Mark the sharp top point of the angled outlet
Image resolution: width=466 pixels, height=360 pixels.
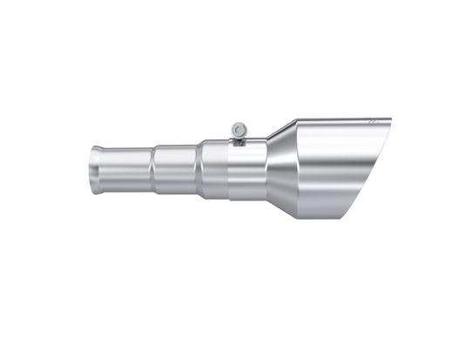pos(391,118)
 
